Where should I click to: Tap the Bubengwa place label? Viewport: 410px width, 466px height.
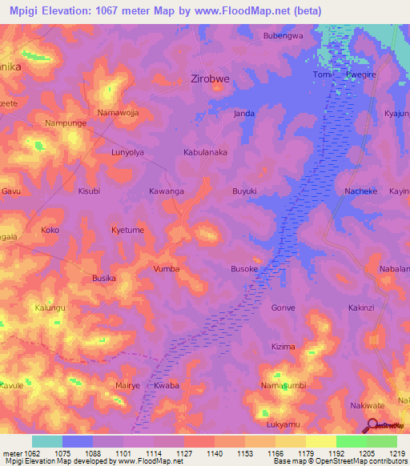(284, 36)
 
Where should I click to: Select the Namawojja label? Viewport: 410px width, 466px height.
(118, 113)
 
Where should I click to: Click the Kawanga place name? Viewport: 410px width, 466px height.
(167, 191)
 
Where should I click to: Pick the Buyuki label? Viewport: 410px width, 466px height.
(244, 191)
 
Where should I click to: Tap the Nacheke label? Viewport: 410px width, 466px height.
(337, 192)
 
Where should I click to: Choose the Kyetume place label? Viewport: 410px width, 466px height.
(127, 230)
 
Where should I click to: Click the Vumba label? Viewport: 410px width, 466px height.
(166, 269)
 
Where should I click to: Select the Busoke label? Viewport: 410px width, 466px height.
(244, 270)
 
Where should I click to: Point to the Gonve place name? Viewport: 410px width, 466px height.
(283, 307)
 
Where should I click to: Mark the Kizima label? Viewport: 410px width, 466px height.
(283, 347)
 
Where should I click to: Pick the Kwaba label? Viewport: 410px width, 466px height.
(167, 385)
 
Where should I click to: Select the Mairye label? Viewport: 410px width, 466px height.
(127, 385)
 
